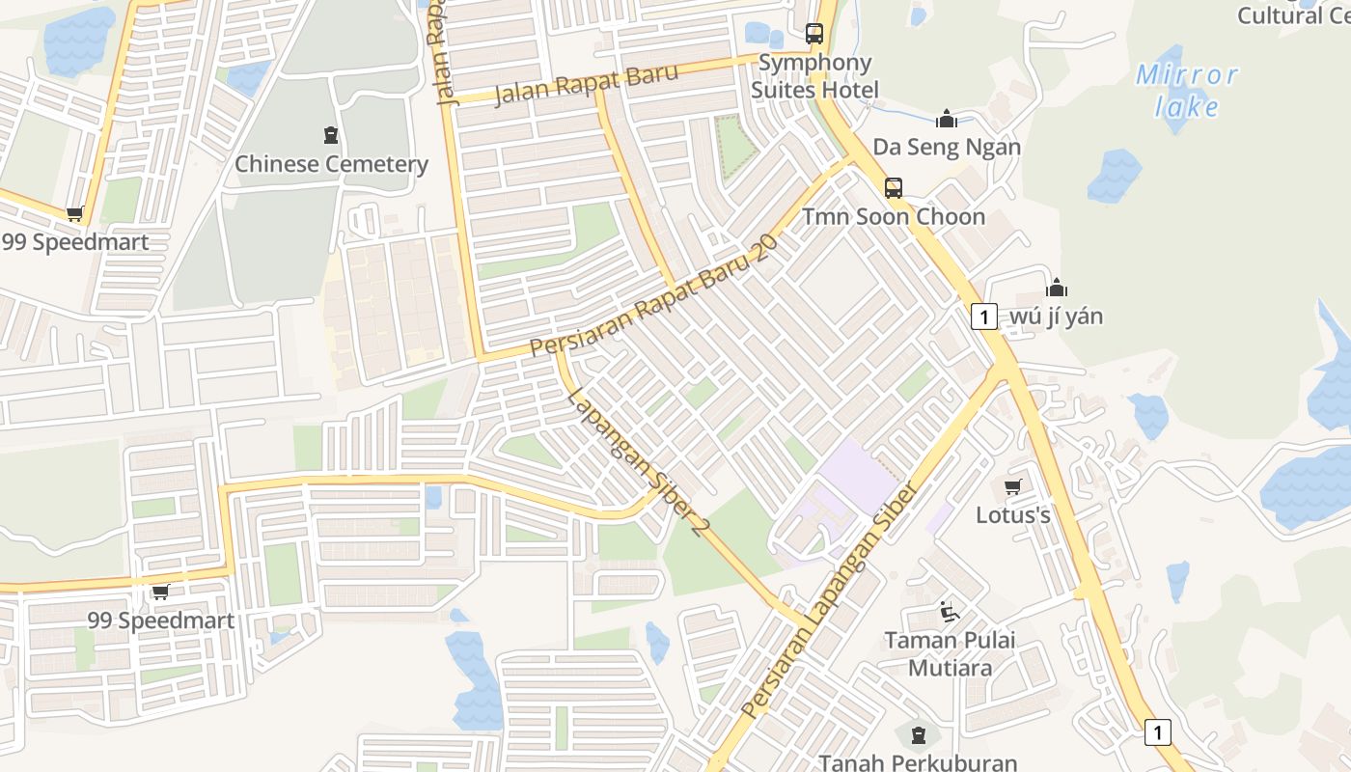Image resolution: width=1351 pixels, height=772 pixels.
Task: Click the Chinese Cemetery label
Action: click(x=331, y=164)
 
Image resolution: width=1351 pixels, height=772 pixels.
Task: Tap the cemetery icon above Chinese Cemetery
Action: click(x=331, y=135)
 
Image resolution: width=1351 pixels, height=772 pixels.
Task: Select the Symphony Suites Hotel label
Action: click(x=814, y=76)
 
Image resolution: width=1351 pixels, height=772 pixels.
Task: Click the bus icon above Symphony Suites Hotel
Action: click(x=814, y=34)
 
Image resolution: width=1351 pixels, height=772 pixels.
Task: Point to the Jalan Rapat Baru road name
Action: click(x=587, y=85)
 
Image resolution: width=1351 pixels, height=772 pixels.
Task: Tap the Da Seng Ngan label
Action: click(x=947, y=148)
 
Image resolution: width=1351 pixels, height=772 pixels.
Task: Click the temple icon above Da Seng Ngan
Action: click(x=947, y=119)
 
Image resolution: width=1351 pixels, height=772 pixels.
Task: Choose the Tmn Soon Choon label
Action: click(x=894, y=216)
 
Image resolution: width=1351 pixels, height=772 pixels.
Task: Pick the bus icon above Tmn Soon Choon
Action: click(x=894, y=187)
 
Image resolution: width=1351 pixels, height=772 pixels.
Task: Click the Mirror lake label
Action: click(x=1186, y=90)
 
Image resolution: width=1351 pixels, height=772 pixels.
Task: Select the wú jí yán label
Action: click(x=1056, y=317)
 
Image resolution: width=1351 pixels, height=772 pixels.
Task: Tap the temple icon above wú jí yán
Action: click(x=1057, y=288)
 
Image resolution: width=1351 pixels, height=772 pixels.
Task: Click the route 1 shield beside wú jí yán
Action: click(x=983, y=317)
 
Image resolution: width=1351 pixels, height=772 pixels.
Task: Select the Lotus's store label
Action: click(x=1012, y=515)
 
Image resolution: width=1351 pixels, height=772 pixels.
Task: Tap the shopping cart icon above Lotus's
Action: click(x=1012, y=487)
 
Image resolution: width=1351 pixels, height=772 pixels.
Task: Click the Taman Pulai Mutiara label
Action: click(x=950, y=653)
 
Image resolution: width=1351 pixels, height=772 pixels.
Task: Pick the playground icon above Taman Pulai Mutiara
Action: click(x=950, y=612)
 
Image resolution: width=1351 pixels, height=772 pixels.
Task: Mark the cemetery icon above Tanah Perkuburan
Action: click(x=918, y=735)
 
